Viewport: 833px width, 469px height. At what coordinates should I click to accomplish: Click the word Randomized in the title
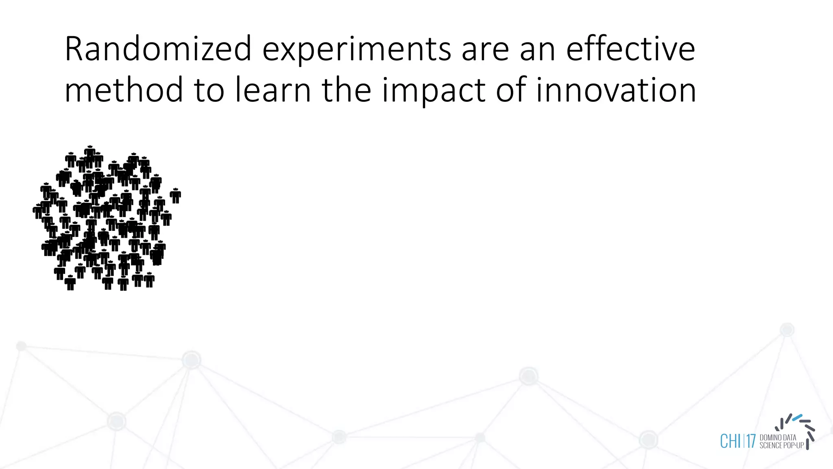click(158, 49)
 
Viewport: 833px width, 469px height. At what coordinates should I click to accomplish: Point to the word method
click(124, 90)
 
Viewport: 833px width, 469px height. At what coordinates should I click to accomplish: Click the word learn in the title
click(273, 90)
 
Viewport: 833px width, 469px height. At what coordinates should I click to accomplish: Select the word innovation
click(616, 90)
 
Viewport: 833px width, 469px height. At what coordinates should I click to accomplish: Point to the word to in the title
click(209, 91)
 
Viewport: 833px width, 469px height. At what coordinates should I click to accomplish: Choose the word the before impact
click(347, 90)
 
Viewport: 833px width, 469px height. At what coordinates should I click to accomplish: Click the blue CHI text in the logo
click(731, 441)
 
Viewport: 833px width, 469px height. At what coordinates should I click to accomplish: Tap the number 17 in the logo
click(750, 441)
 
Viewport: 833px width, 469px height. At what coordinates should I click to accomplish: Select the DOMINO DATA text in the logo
click(778, 438)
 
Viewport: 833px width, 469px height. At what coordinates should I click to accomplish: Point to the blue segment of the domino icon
click(797, 417)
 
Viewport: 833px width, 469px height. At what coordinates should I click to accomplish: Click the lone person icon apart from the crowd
click(175, 195)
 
